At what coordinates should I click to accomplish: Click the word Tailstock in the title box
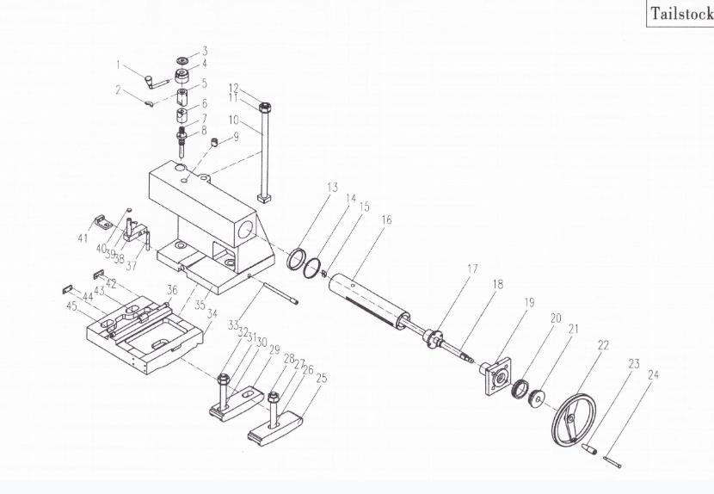[x=681, y=13]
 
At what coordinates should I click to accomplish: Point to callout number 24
[x=654, y=375]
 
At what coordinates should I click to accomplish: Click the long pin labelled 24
[x=612, y=461]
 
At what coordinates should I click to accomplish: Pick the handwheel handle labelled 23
[x=588, y=448]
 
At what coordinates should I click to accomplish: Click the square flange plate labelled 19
[x=498, y=376]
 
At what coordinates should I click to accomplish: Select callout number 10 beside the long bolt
[x=234, y=120]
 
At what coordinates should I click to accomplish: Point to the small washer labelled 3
[x=183, y=60]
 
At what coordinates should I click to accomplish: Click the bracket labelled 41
[x=104, y=222]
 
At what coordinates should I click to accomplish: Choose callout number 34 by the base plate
[x=212, y=313]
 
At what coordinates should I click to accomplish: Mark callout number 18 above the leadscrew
[x=498, y=284]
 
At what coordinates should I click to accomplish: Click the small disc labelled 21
[x=539, y=398]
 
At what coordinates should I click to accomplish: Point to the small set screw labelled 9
[x=215, y=143]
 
